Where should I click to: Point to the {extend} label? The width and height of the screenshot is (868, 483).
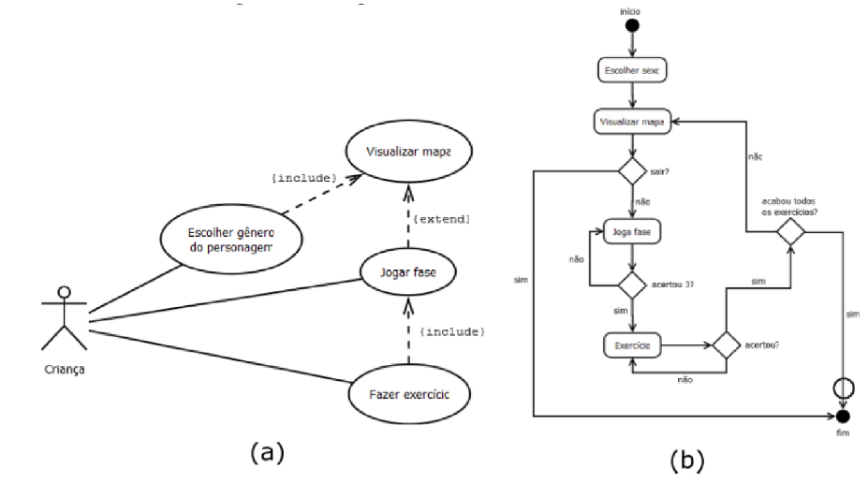[440, 218]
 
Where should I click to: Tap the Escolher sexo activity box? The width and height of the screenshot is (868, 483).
[634, 69]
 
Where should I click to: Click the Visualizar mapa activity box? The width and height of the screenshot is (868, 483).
[634, 122]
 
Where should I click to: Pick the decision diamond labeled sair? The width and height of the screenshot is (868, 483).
[634, 171]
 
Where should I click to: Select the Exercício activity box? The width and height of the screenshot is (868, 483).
[634, 345]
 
